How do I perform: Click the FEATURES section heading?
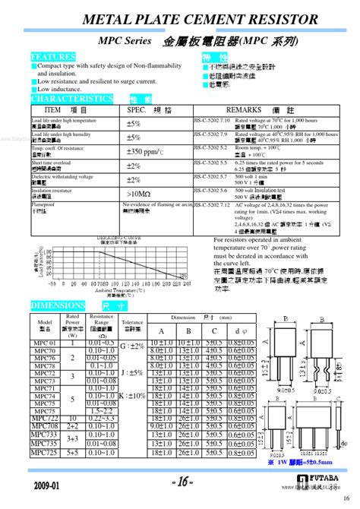coord(53,56)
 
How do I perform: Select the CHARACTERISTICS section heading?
coord(72,99)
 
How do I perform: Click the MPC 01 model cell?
coord(44,343)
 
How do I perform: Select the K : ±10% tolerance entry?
coord(131,396)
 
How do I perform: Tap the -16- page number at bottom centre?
coord(180,482)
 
